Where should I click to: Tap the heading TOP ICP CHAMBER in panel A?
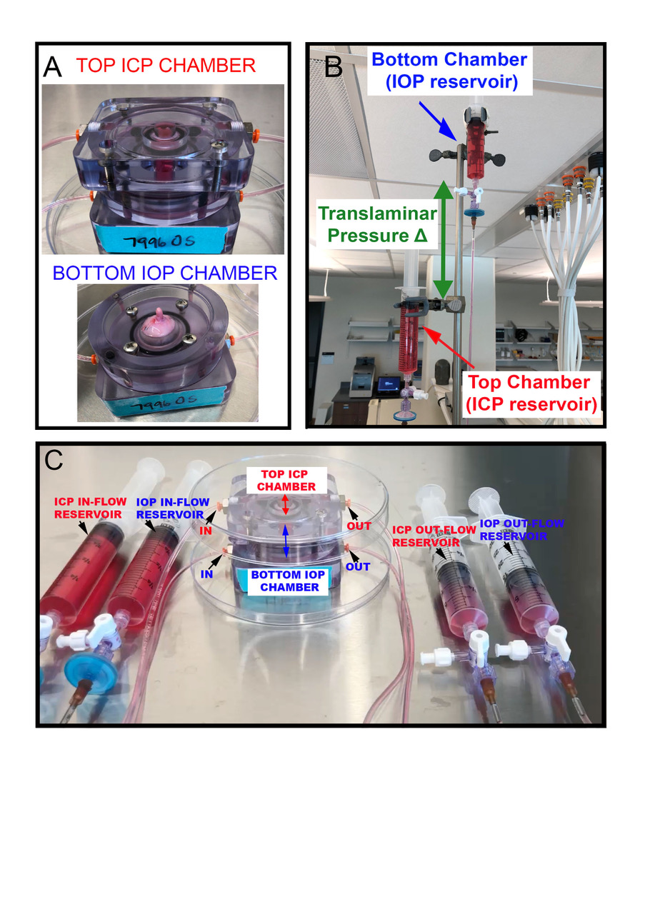166,66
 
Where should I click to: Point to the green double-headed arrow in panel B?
444,240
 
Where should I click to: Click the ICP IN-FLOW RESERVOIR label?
91,507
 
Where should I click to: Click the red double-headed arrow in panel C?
286,506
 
